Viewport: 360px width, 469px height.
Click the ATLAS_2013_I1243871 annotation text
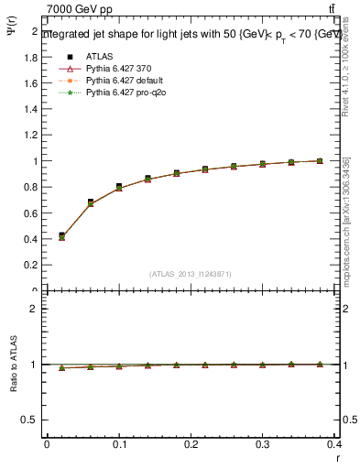pos(191,274)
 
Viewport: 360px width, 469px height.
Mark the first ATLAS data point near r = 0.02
pos(61,235)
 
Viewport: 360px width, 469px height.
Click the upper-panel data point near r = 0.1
pos(119,187)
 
